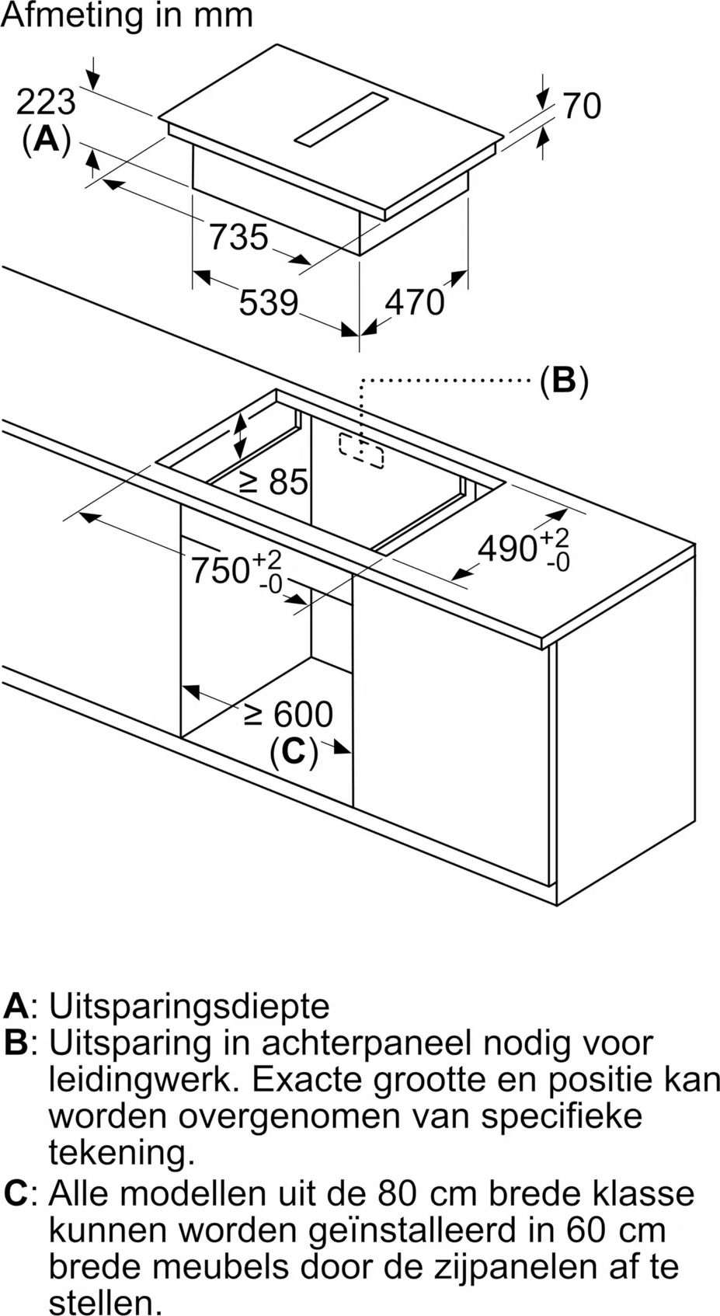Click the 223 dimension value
tap(46, 103)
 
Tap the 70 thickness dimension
tap(582, 106)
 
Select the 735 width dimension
tap(238, 237)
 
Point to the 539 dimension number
tap(269, 302)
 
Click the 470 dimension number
tap(415, 302)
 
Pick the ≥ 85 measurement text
tap(275, 482)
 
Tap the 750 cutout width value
tap(221, 570)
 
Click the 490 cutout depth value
tap(508, 549)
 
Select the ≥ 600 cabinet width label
tap(288, 714)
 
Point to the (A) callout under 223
tap(47, 140)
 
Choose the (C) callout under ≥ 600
tap(294, 751)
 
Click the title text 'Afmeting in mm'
tap(127, 16)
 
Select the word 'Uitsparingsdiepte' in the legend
tap(189, 1006)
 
